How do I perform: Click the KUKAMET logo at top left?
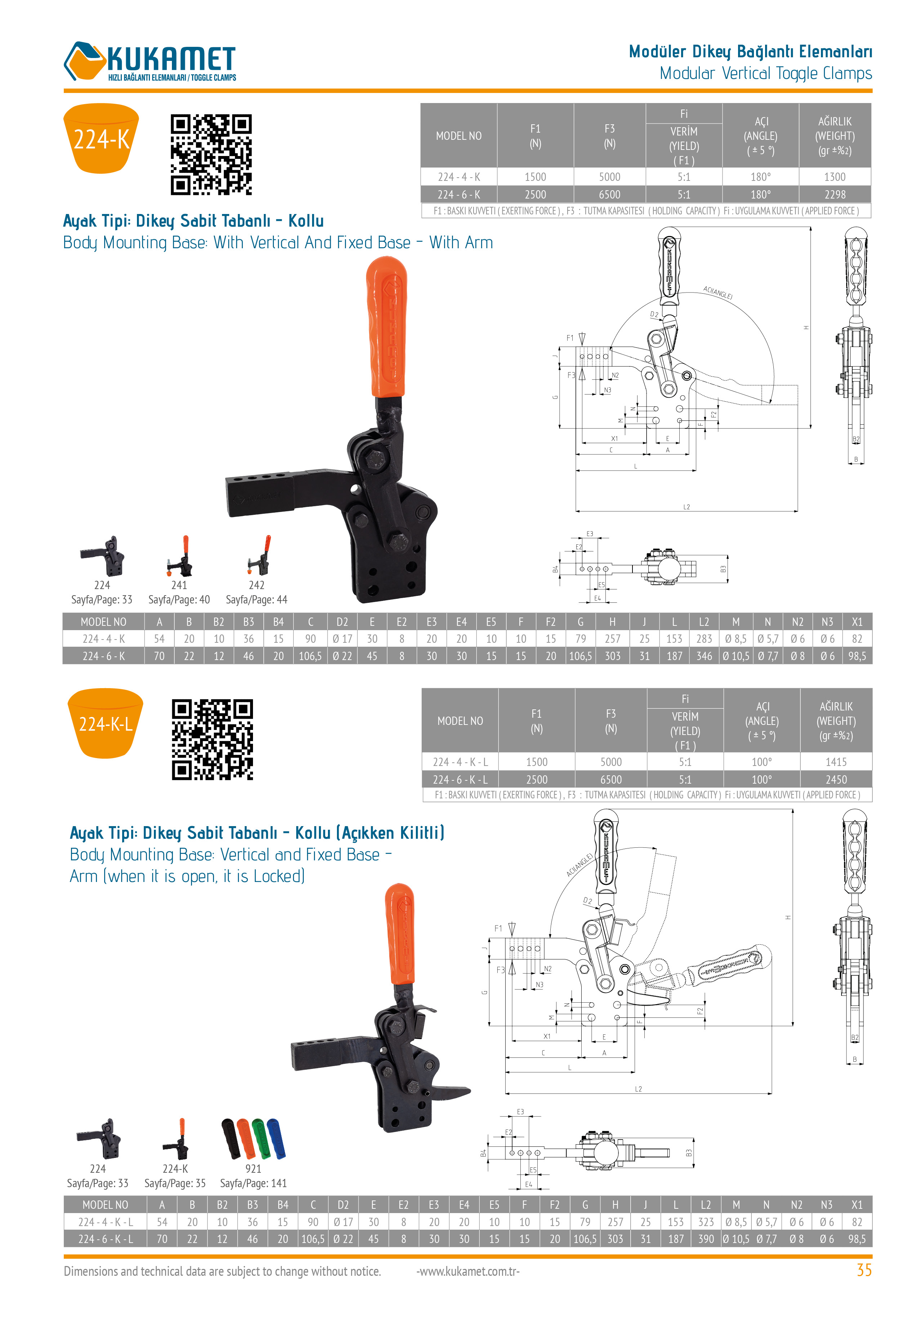coord(150,62)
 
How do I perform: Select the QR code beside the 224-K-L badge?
coord(212,739)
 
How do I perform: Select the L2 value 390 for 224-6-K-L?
coord(705,1238)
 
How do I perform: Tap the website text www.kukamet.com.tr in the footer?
coord(468,1271)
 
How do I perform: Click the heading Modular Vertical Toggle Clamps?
coord(765,73)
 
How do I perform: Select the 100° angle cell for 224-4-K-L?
coord(761,762)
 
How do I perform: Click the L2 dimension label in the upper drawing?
coord(686,507)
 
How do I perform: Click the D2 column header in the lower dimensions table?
coord(343,1204)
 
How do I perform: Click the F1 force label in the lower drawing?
coord(498,928)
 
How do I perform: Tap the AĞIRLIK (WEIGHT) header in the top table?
coord(834,136)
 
